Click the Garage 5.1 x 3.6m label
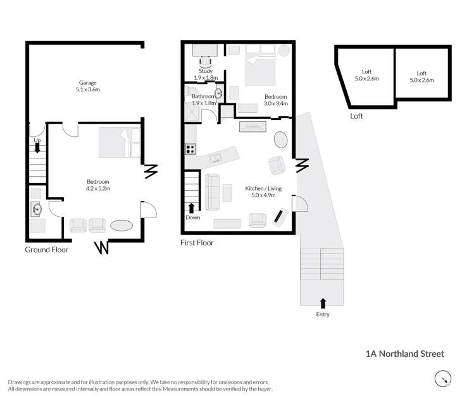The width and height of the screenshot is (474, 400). pyautogui.click(x=88, y=86)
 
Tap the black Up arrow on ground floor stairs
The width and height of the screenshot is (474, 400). pyautogui.click(x=37, y=147)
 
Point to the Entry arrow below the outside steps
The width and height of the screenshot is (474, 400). pyautogui.click(x=323, y=303)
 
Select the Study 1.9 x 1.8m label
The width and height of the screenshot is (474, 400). pyautogui.click(x=205, y=75)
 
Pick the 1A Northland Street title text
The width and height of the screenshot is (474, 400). pyautogui.click(x=405, y=354)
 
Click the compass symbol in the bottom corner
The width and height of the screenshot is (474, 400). pyautogui.click(x=443, y=379)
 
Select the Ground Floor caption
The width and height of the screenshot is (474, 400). pyautogui.click(x=46, y=250)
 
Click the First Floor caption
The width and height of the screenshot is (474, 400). pyautogui.click(x=197, y=243)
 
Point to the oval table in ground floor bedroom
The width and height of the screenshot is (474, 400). pyautogui.click(x=121, y=226)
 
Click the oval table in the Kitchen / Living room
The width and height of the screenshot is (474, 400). pyautogui.click(x=280, y=139)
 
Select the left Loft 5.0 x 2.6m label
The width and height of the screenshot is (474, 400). pyautogui.click(x=366, y=75)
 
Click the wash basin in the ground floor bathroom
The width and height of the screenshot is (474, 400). pyautogui.click(x=35, y=207)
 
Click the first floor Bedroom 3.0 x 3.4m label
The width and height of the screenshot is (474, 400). pyautogui.click(x=276, y=100)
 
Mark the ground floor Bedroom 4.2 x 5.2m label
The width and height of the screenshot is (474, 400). pyautogui.click(x=98, y=184)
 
